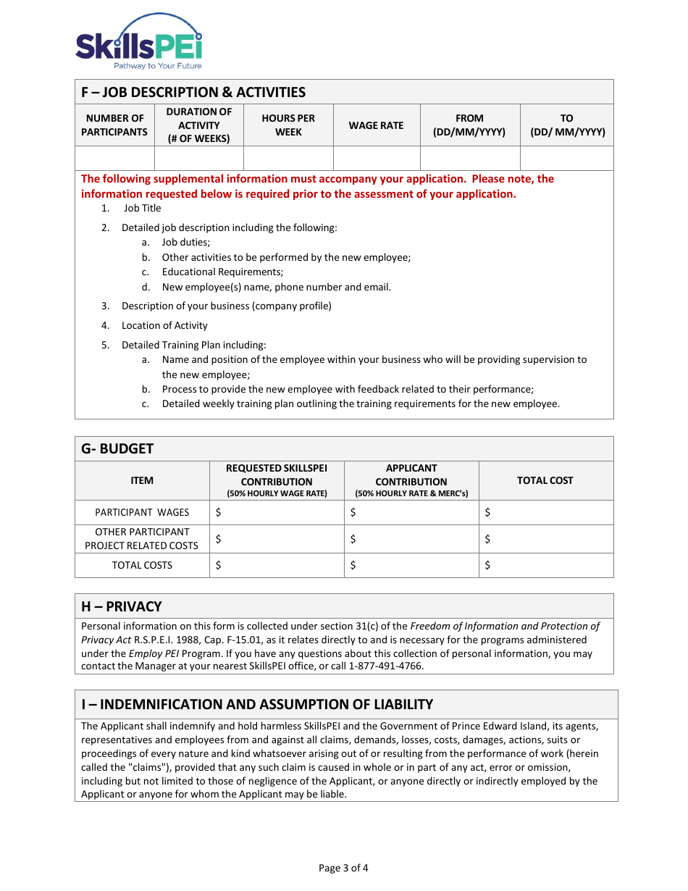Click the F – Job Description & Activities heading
[193, 92]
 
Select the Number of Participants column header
[114, 125]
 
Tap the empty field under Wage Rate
[377, 158]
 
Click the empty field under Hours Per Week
[288, 158]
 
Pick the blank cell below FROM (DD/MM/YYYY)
[469, 158]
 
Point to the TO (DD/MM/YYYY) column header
[567, 125]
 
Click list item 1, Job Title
[142, 208]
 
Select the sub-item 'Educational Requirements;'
[222, 272]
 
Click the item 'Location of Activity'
[164, 325]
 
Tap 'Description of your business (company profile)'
[226, 306]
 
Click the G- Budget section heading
[117, 448]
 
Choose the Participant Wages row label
[142, 512]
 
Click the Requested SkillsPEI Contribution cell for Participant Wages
[277, 512]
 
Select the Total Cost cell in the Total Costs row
[545, 565]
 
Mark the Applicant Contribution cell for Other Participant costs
[411, 539]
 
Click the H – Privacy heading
[122, 606]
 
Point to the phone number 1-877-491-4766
[386, 666]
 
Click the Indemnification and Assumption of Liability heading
[257, 704]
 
